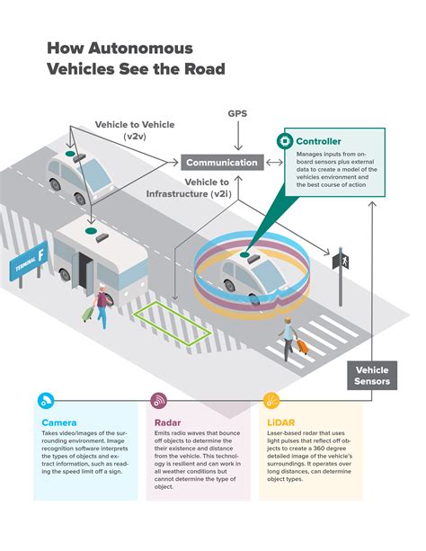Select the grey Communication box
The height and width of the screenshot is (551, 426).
tap(223, 163)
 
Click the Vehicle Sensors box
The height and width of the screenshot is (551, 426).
tap(372, 375)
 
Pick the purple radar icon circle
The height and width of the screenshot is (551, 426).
tap(158, 401)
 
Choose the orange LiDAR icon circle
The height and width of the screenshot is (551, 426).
tap(271, 401)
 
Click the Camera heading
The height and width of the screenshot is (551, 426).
tap(59, 422)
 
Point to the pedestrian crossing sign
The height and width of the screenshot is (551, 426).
tap(341, 262)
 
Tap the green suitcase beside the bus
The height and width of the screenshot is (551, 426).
tap(89, 313)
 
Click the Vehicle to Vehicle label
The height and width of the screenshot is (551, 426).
tap(135, 129)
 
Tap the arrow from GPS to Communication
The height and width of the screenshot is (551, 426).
tap(238, 138)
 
